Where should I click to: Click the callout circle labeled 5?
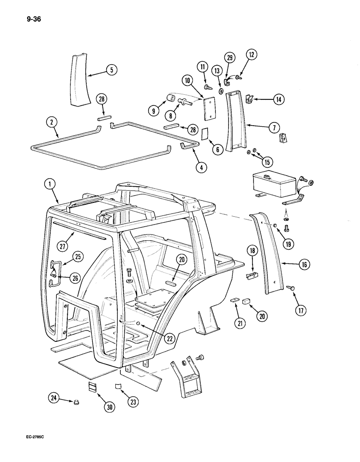111,70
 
